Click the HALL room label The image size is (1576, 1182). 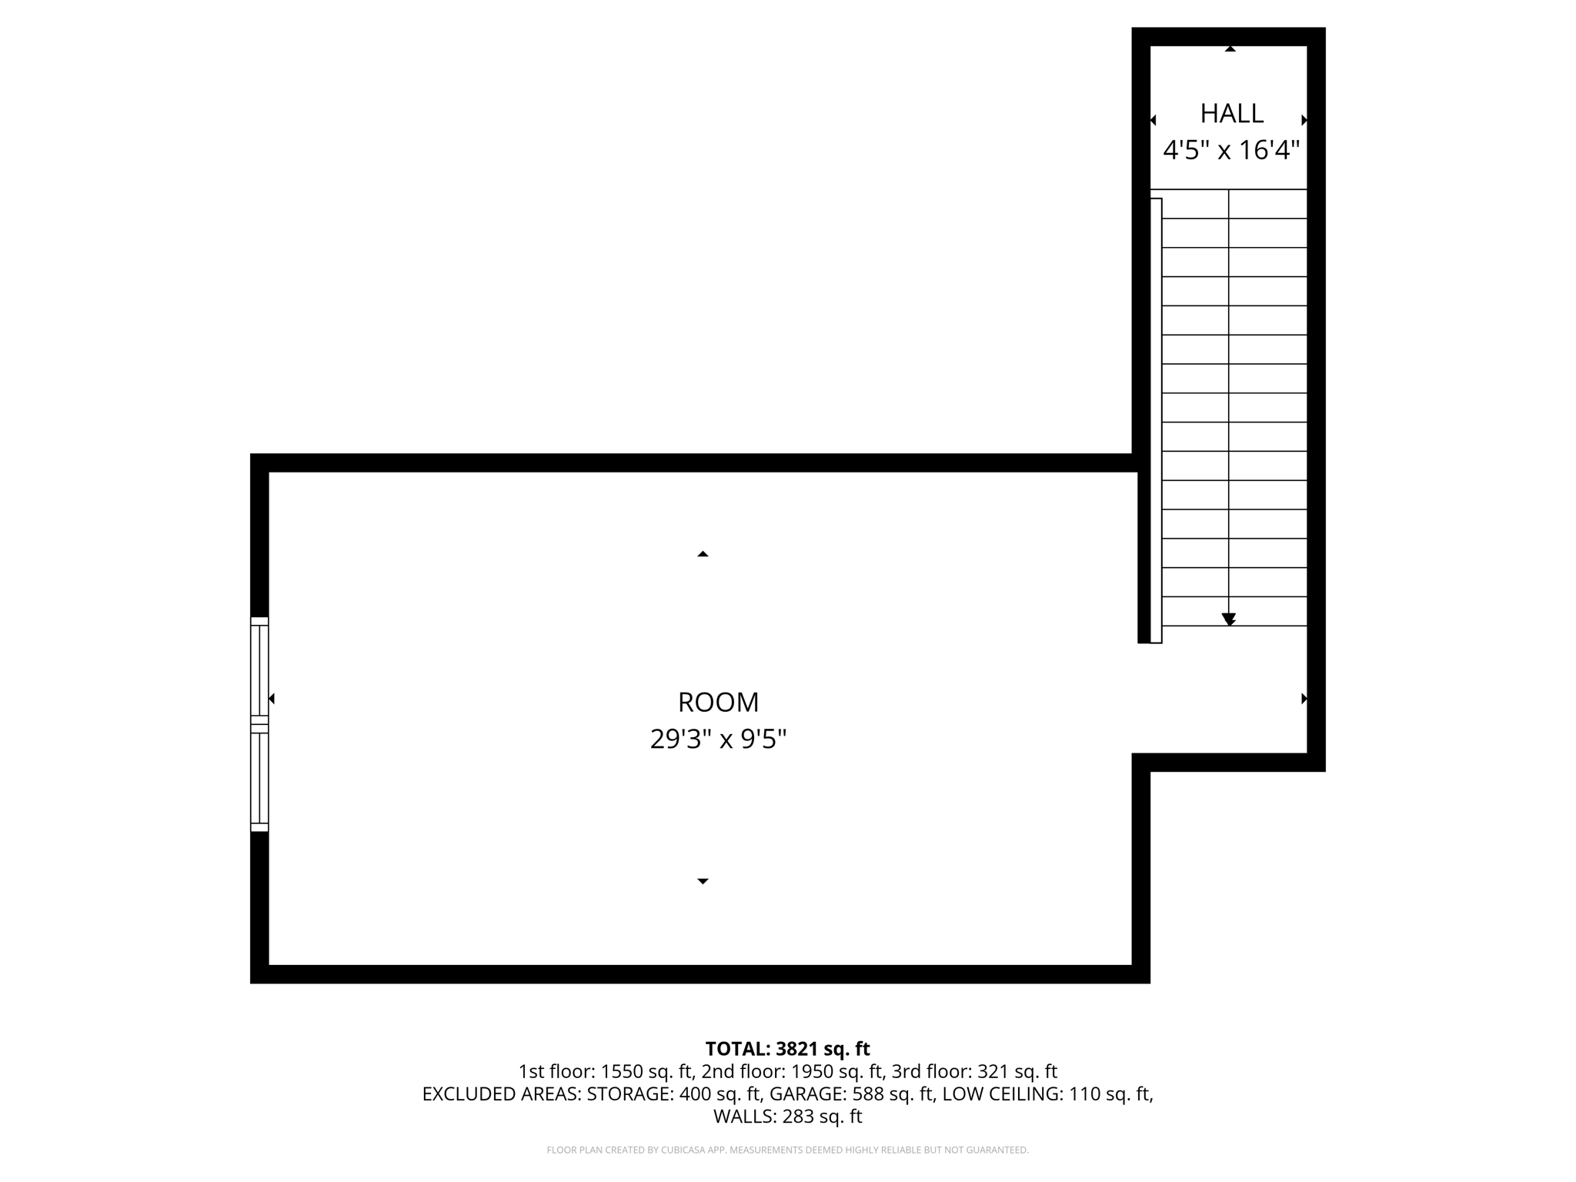[x=1231, y=114]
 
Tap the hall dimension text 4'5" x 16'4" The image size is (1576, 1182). [x=1230, y=150]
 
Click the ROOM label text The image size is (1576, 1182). [x=718, y=703]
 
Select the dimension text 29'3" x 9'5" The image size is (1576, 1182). [x=718, y=740]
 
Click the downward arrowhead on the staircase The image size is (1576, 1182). [x=1229, y=619]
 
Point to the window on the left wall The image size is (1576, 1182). [x=259, y=724]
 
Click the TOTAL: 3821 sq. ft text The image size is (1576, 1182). [x=787, y=1049]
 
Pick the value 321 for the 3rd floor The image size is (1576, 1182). [x=991, y=1071]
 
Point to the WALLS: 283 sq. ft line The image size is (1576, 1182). [x=787, y=1117]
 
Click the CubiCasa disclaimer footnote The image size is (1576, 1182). [x=787, y=1150]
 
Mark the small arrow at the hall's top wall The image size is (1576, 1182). [x=1230, y=49]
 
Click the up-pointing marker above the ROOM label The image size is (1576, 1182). [x=703, y=554]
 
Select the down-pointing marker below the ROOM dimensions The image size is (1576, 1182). [x=703, y=881]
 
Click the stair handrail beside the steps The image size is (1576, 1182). [x=1156, y=420]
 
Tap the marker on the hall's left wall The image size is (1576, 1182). [x=1153, y=120]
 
